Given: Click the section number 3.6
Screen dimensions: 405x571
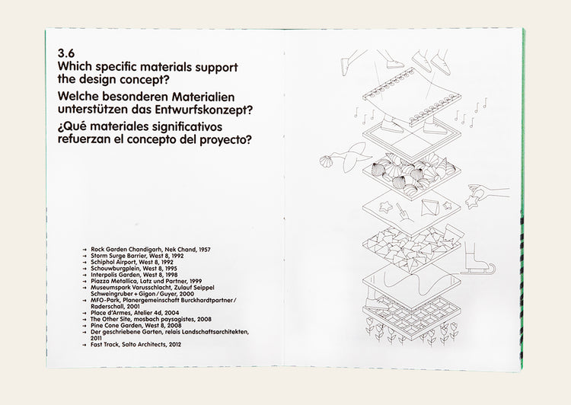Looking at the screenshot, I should pos(67,55).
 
